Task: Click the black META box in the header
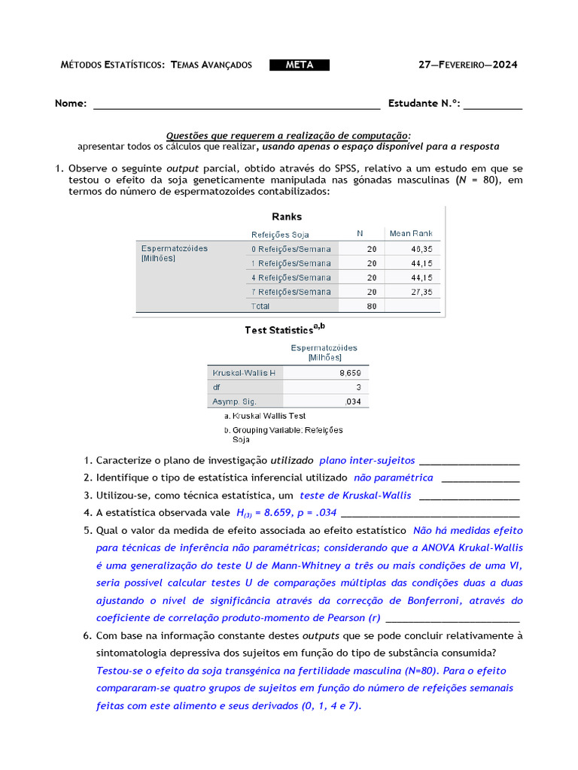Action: [300, 65]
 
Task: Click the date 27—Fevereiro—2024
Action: [467, 65]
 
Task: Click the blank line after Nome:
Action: [236, 105]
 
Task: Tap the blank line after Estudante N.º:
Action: [493, 105]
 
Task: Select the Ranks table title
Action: [287, 217]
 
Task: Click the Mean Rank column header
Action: [411, 234]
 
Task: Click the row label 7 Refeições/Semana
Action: [291, 292]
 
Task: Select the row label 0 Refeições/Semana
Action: [291, 249]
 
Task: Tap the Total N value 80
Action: [372, 306]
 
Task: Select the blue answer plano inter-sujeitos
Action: [367, 459]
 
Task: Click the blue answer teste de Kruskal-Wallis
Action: [355, 496]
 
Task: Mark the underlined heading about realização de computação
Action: [288, 135]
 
